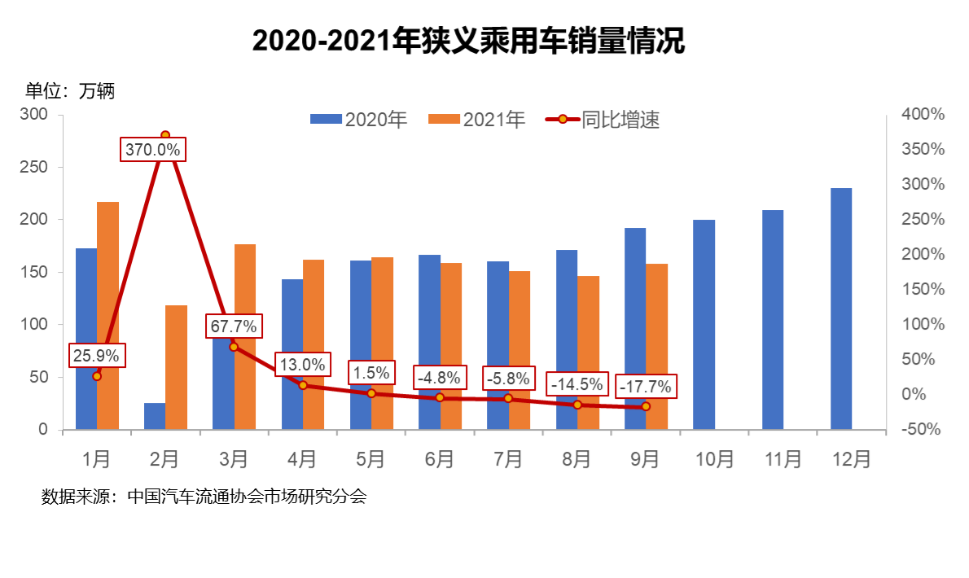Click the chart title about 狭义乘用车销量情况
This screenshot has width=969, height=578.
pos(468,42)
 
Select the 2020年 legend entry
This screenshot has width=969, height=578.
pos(358,120)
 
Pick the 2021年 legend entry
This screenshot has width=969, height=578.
pos(476,120)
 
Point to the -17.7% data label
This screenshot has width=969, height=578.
pos(646,387)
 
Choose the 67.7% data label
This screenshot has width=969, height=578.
pos(234,326)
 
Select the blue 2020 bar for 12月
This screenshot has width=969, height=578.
pos(841,309)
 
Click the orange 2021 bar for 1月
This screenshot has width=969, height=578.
pos(108,315)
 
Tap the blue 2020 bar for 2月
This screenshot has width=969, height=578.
pos(155,416)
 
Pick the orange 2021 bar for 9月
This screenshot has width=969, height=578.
pos(656,346)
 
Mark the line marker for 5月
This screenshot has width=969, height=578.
pos(371,393)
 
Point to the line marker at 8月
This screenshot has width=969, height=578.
pos(577,405)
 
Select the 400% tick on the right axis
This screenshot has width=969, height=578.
pos(923,115)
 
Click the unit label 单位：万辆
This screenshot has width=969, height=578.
pos(70,91)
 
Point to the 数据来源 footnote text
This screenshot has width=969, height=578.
pos(204,497)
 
